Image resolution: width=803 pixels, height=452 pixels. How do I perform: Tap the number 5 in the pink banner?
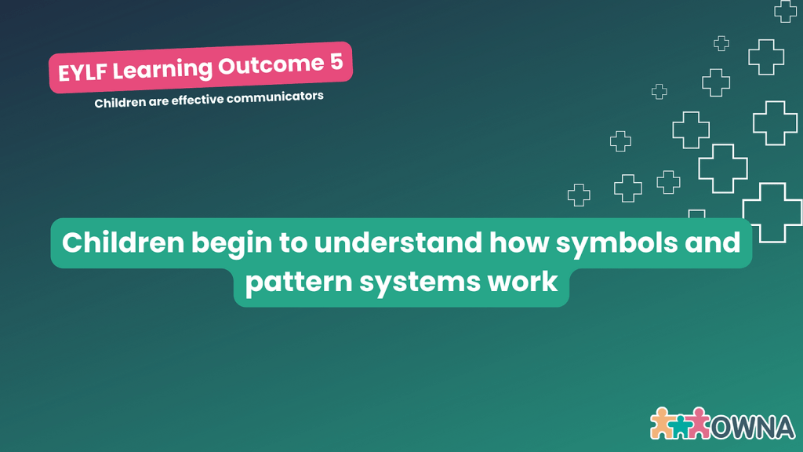click(336, 62)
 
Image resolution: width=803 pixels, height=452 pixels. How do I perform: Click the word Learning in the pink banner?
click(162, 70)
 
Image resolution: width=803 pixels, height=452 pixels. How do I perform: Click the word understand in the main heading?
click(398, 242)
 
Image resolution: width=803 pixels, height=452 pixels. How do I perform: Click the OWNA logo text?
click(753, 427)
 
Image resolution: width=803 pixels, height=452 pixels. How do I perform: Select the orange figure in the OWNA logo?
click(662, 423)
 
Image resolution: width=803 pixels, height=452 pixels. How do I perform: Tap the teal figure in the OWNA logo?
click(680, 427)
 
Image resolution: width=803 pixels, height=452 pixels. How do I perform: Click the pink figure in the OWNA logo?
click(699, 423)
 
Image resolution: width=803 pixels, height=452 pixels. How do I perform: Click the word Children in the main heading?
click(123, 242)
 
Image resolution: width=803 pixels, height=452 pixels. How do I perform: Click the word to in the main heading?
click(293, 243)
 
